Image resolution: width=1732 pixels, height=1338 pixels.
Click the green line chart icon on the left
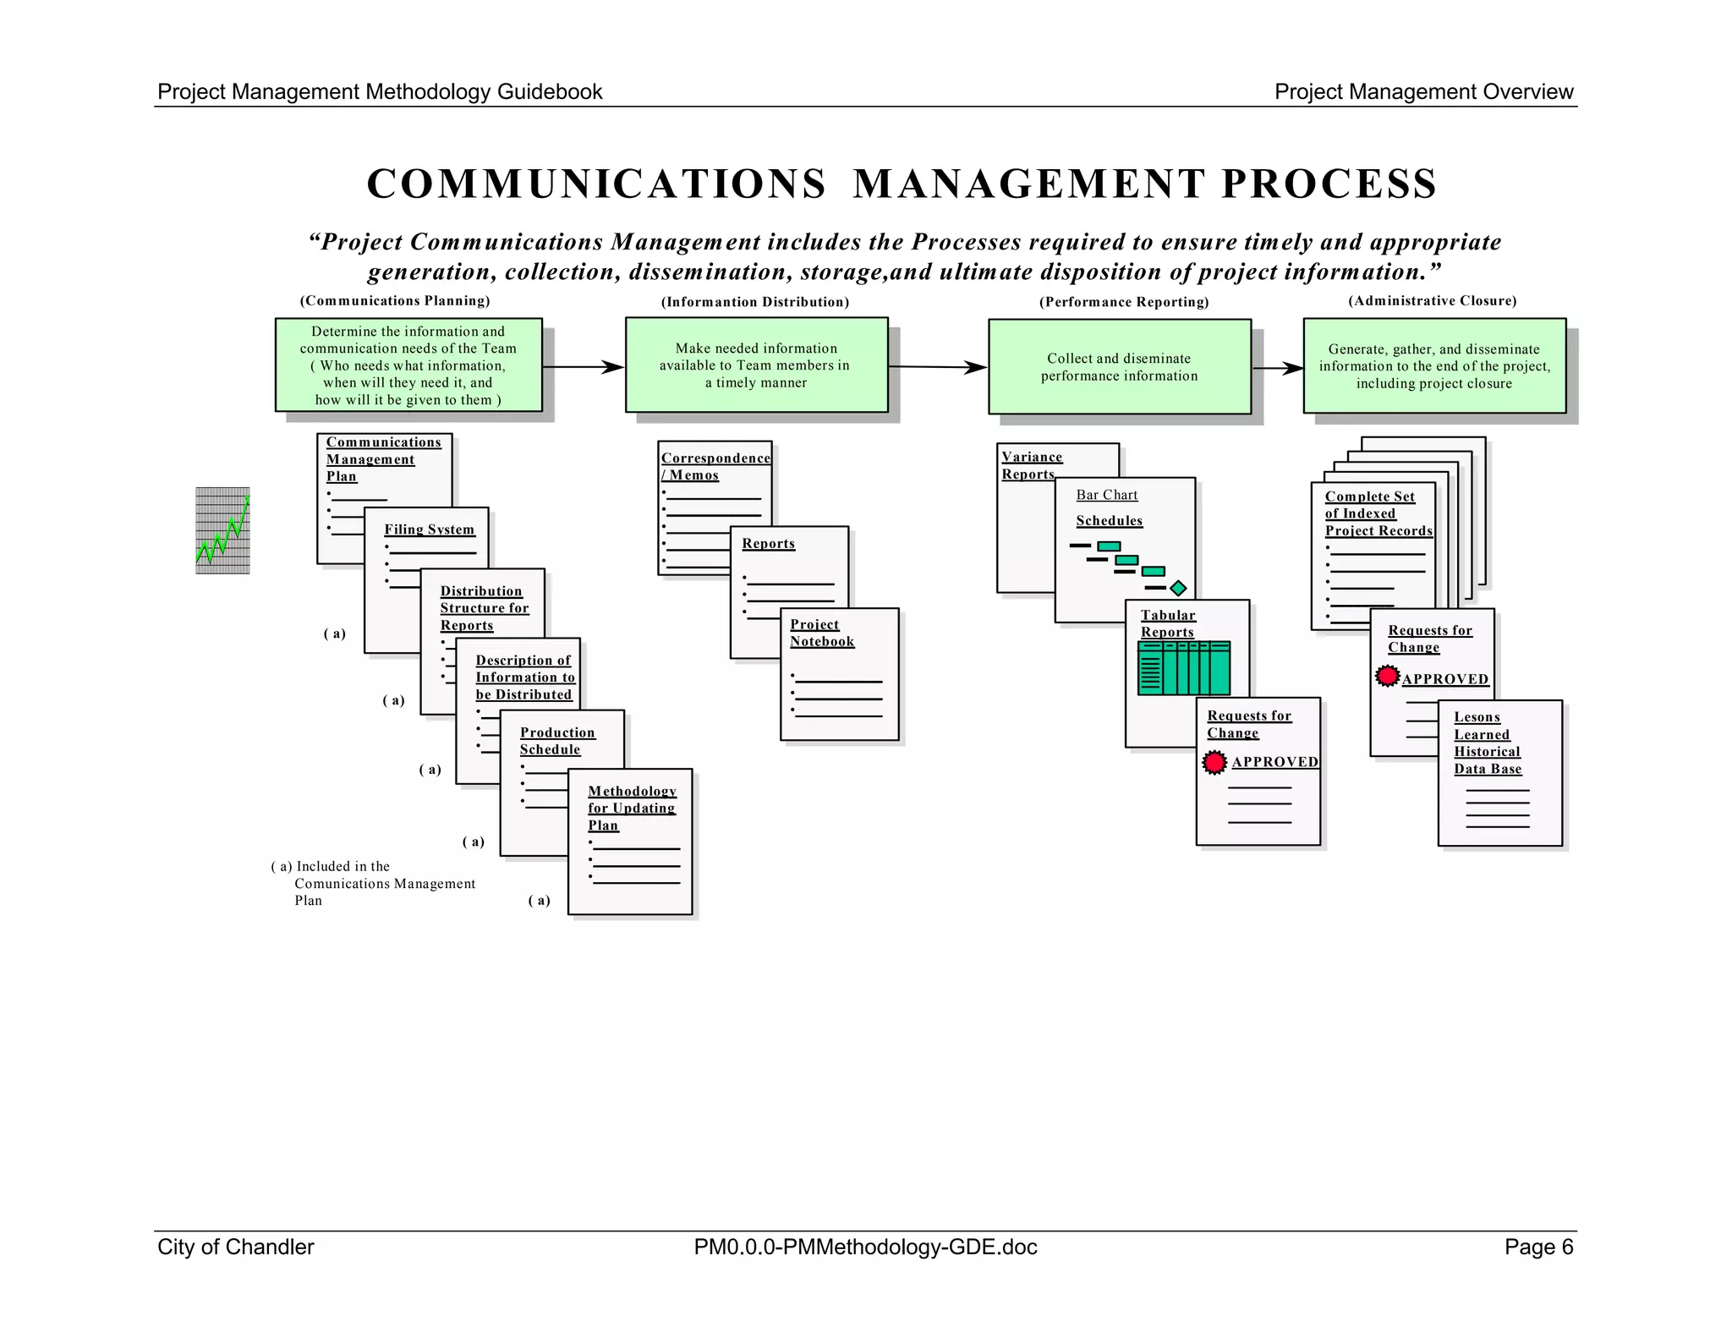coord(222,530)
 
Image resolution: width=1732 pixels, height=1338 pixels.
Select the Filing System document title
coord(429,529)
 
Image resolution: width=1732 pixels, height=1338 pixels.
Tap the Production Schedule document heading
coord(556,741)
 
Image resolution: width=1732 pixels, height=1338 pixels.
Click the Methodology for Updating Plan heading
coord(632,808)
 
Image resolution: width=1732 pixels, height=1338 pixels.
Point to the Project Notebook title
coord(821,633)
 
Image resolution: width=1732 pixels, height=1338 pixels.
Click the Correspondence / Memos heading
coord(715,466)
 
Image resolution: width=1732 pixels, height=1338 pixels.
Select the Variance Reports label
coord(1031,465)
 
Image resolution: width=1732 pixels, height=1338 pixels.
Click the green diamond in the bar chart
coord(1178,588)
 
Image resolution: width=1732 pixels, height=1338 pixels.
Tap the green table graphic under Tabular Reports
coord(1183,668)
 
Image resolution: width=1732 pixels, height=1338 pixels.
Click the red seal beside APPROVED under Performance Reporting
coord(1214,762)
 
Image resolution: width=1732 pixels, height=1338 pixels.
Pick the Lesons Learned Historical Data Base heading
coord(1487,743)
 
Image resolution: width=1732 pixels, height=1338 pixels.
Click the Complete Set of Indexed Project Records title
coord(1378,513)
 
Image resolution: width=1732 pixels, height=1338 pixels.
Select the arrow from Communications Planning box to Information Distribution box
coord(583,367)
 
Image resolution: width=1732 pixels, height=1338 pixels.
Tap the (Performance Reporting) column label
coord(1123,302)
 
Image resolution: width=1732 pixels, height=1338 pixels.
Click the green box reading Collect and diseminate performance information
coord(1119,367)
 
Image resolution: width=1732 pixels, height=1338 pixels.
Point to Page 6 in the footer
coord(1537,1247)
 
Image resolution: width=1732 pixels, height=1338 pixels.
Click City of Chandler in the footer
coord(235,1247)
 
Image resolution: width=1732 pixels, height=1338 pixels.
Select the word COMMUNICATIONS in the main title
coord(596,184)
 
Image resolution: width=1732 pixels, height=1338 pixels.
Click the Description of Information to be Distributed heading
coord(524,677)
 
